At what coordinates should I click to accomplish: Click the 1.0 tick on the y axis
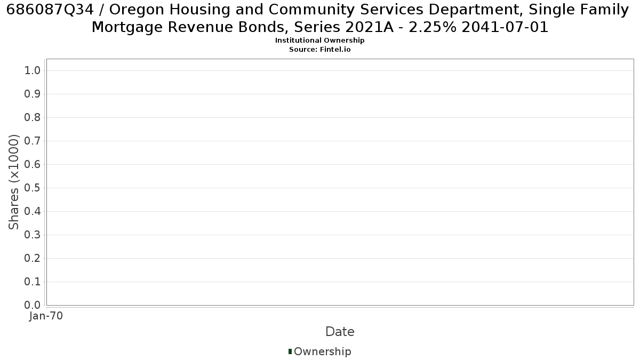(x=33, y=70)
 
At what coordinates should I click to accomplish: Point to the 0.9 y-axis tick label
(x=33, y=94)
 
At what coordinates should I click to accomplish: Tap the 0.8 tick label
(x=33, y=117)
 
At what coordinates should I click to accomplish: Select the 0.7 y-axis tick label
(x=33, y=141)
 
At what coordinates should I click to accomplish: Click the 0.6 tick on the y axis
(x=33, y=164)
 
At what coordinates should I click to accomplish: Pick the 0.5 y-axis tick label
(x=33, y=188)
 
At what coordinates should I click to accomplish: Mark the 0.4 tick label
(x=33, y=211)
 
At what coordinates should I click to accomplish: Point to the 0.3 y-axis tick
(x=33, y=235)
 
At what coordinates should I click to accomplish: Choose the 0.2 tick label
(x=33, y=258)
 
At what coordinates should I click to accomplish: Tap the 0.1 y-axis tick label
(x=33, y=282)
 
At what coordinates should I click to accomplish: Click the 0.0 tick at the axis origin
(x=33, y=305)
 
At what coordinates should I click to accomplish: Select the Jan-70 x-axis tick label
(x=46, y=316)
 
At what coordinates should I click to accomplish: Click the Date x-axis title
(x=340, y=332)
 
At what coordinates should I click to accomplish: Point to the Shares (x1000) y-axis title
(x=13, y=182)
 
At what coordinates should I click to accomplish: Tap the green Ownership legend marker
(x=290, y=351)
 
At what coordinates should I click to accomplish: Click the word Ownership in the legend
(x=323, y=351)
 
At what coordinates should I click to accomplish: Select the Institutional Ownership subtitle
(x=319, y=41)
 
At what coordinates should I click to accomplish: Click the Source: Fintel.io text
(x=319, y=50)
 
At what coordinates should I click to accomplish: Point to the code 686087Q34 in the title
(x=50, y=10)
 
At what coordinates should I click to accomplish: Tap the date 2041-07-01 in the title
(x=505, y=27)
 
